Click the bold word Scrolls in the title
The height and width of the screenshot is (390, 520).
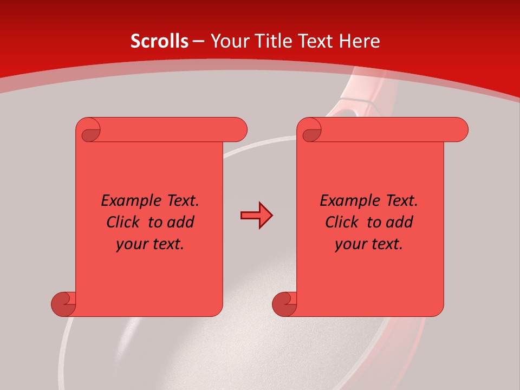(159, 41)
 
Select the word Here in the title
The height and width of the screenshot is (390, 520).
(359, 41)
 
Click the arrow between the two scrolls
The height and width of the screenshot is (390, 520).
(256, 216)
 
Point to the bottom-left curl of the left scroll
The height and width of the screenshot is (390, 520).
(63, 304)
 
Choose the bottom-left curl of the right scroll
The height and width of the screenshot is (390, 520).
(284, 304)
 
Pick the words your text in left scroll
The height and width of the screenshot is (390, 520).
(150, 244)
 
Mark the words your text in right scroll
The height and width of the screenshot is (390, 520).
(369, 244)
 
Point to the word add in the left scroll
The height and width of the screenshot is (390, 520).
(180, 222)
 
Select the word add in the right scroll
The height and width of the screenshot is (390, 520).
(399, 222)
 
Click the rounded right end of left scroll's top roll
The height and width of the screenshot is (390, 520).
(239, 129)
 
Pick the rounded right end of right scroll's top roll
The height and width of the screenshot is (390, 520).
(460, 129)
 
